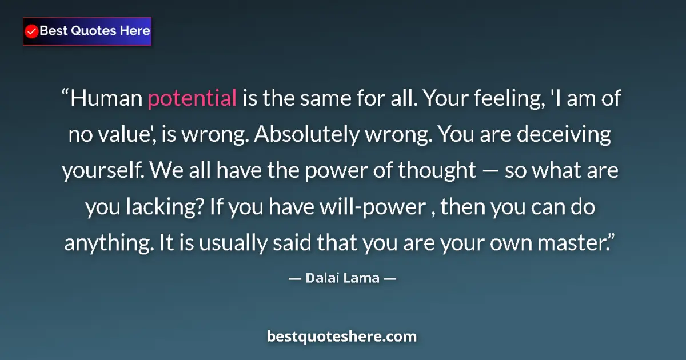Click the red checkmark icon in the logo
coord(31,31)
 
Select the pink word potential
coord(192,99)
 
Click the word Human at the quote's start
coord(107,99)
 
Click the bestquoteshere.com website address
coord(342,336)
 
